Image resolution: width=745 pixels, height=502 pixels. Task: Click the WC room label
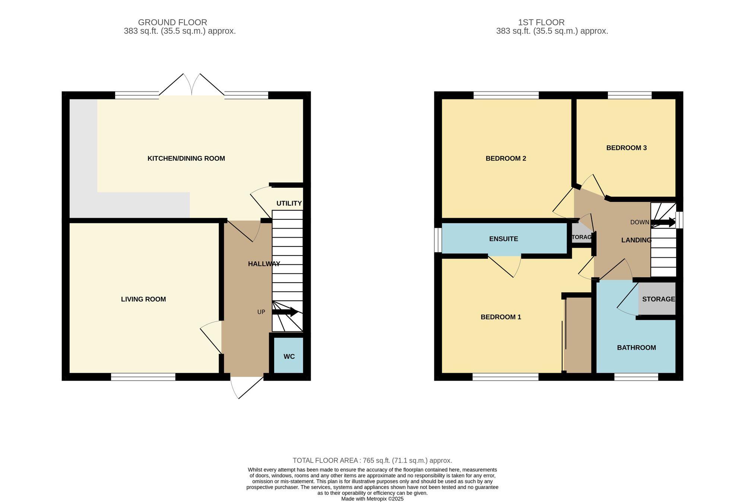coord(289,356)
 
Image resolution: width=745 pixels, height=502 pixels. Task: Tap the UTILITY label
coord(289,203)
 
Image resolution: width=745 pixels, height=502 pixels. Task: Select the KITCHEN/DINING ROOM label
coord(186,158)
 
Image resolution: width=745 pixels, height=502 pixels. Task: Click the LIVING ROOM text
coord(143,299)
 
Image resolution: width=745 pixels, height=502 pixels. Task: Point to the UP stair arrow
coord(285,312)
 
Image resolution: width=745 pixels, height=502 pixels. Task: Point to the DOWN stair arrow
coord(663,223)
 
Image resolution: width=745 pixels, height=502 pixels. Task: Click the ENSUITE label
coord(504,239)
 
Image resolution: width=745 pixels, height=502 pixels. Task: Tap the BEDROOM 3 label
coord(627,148)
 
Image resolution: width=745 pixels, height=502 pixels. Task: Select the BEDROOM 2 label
coord(506,158)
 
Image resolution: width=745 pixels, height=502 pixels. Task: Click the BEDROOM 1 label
coord(501,317)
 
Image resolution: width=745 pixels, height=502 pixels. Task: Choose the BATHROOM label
coord(637,347)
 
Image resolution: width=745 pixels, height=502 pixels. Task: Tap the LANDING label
coord(636,240)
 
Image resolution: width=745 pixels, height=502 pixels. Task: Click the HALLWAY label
coord(264,264)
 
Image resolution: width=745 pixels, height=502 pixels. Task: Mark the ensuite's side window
coord(438,240)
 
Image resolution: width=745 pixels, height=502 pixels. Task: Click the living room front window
coord(143,377)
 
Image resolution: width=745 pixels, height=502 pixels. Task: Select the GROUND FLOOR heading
coord(172,22)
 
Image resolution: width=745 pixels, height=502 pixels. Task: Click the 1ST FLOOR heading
coord(541,22)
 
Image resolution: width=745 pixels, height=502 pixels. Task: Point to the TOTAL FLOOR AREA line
coord(372,460)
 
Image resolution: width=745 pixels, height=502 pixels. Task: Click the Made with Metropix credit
coord(372,499)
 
